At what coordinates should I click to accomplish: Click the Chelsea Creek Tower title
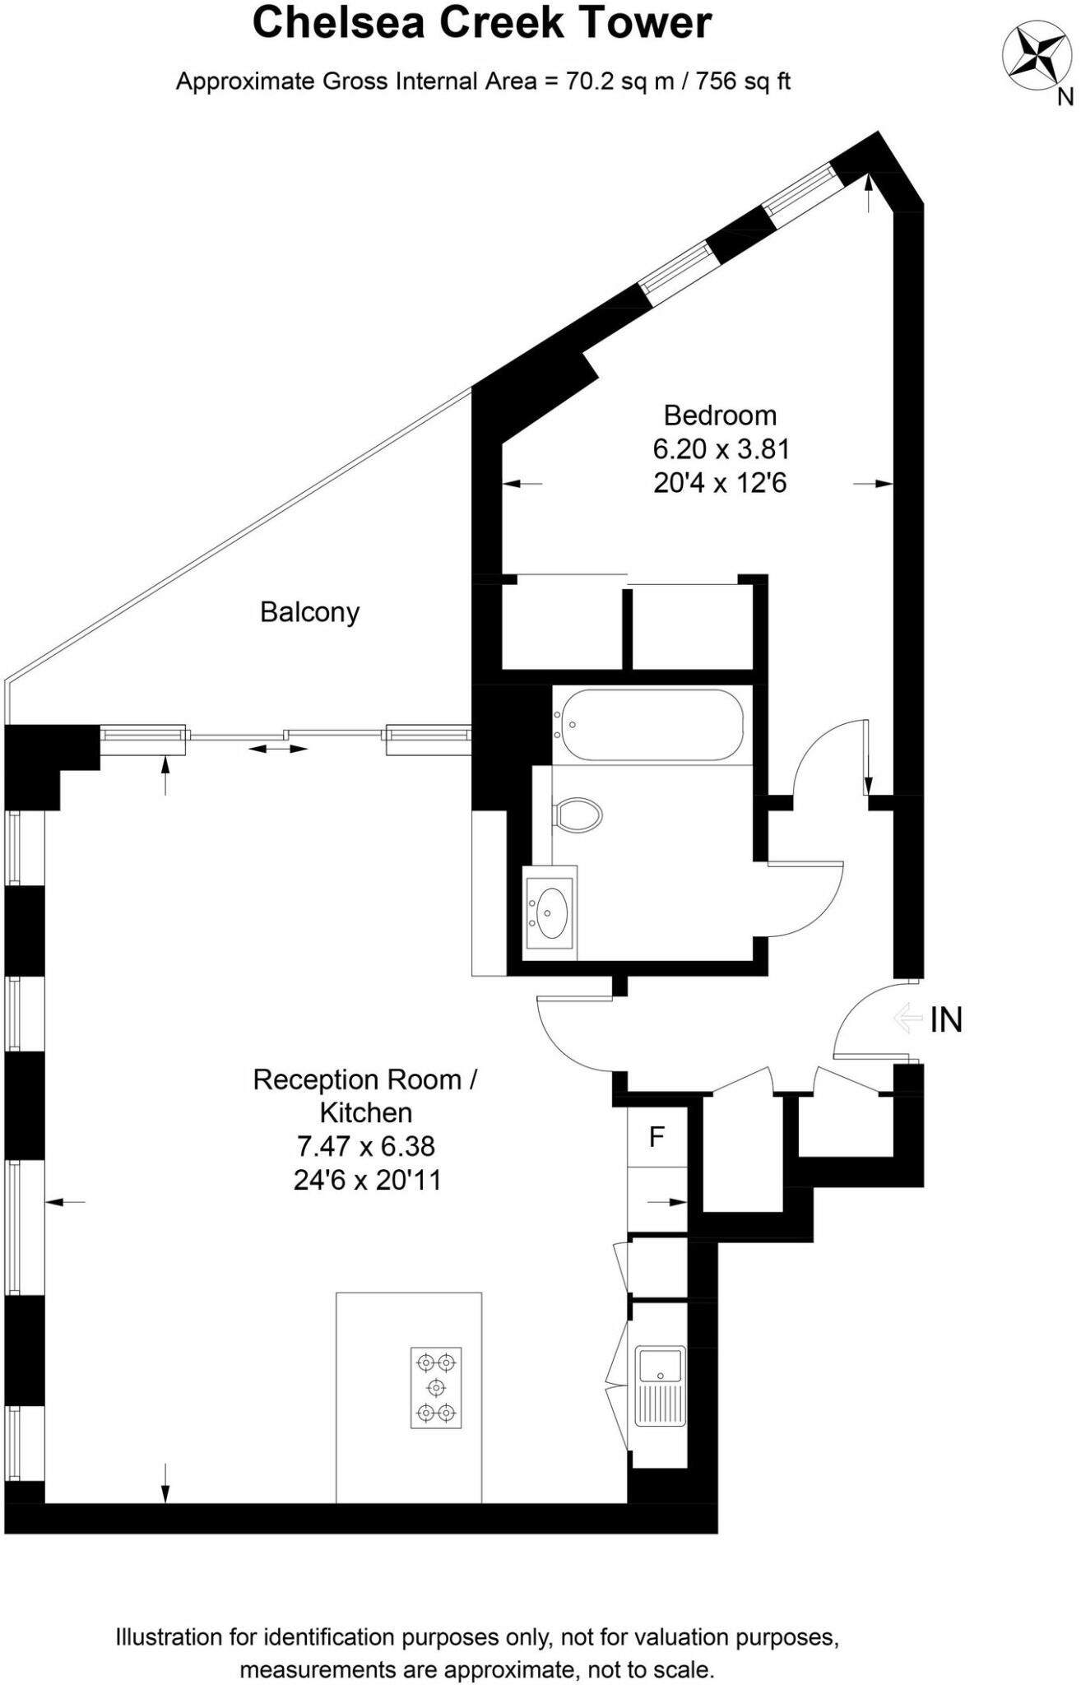pyautogui.click(x=481, y=23)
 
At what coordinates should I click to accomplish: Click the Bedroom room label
pyautogui.click(x=720, y=415)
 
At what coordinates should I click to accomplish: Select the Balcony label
pyautogui.click(x=309, y=613)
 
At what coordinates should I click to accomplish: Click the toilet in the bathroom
pyautogui.click(x=578, y=815)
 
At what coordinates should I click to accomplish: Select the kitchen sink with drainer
pyautogui.click(x=660, y=1386)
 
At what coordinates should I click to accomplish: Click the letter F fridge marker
pyautogui.click(x=656, y=1137)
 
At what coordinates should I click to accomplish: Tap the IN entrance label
pyautogui.click(x=946, y=1020)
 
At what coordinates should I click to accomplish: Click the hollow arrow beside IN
pyautogui.click(x=907, y=1019)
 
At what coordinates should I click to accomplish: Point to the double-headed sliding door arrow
pyautogui.click(x=278, y=749)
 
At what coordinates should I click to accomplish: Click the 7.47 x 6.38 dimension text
pyautogui.click(x=366, y=1146)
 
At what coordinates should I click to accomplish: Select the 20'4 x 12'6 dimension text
pyautogui.click(x=720, y=483)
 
